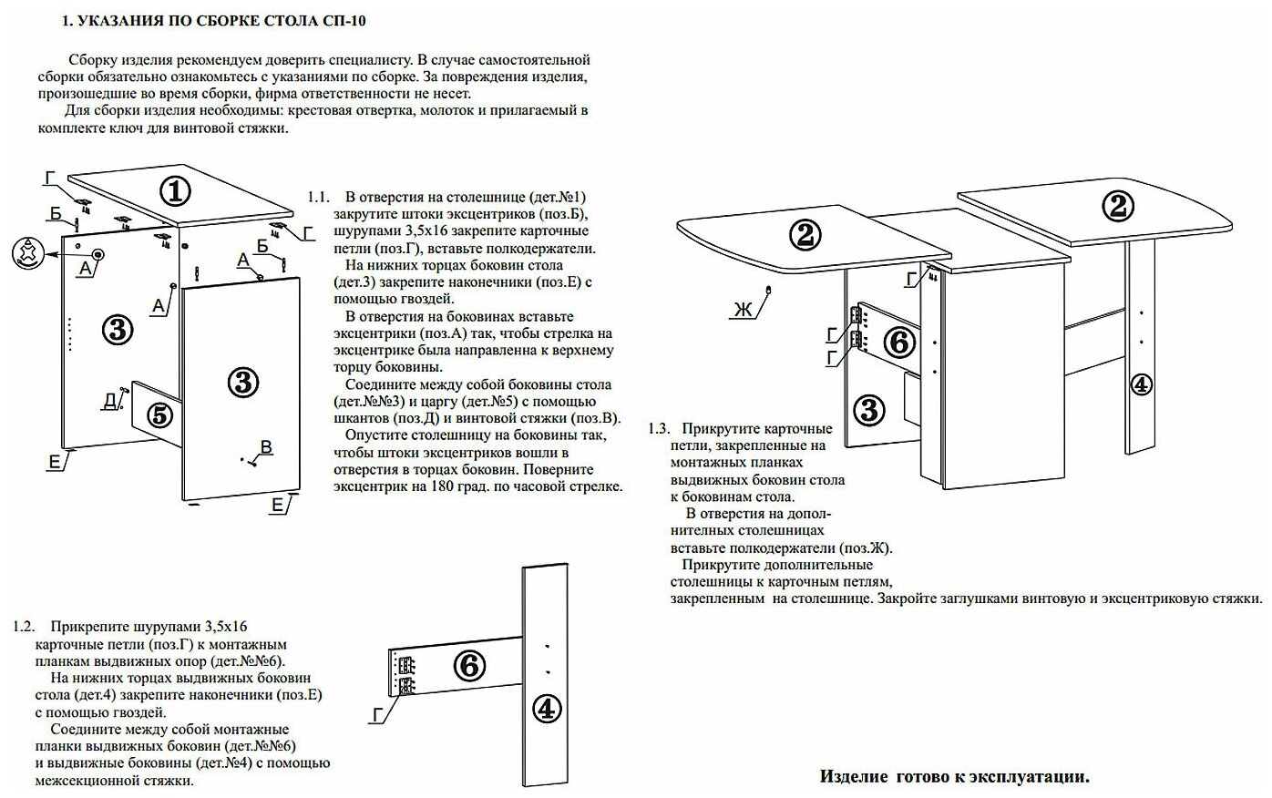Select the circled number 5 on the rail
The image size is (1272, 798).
point(159,415)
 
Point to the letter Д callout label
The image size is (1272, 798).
point(109,400)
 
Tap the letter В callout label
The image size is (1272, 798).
point(266,446)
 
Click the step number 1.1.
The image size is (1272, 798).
point(318,197)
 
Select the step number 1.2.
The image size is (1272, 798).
point(24,627)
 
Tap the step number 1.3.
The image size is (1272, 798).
point(659,428)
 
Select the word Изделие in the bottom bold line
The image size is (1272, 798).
point(854,776)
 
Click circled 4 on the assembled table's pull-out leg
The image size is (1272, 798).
point(1140,384)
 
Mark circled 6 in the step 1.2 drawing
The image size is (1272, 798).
point(468,666)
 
